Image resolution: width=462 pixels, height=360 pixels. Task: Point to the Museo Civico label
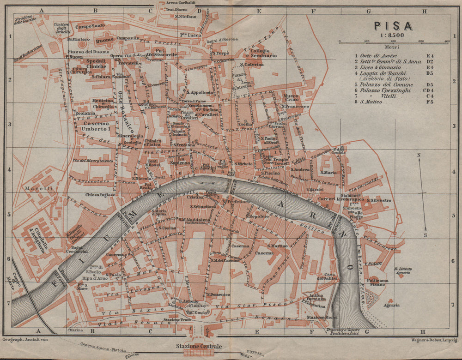(x=291, y=99)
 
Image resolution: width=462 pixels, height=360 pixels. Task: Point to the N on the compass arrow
(x=419, y=155)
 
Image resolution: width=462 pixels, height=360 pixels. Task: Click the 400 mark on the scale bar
(x=447, y=42)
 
